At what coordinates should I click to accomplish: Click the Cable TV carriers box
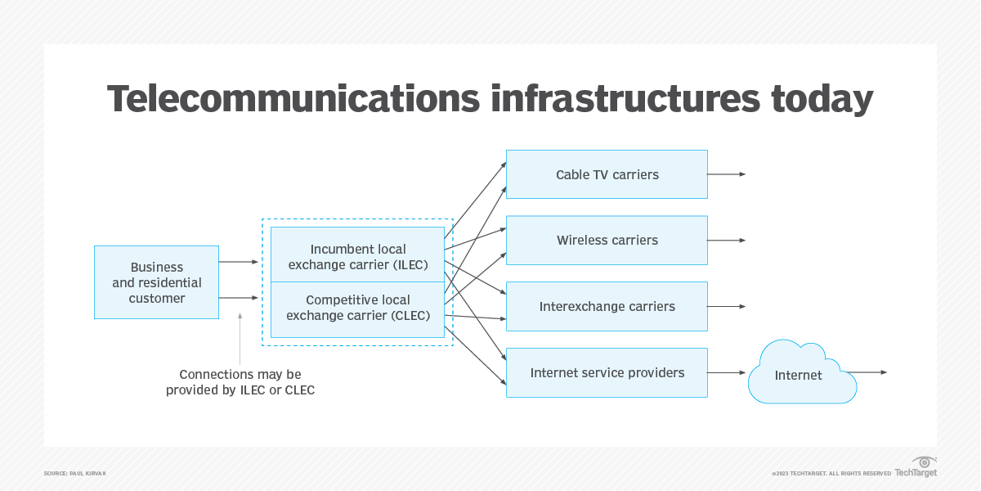click(607, 174)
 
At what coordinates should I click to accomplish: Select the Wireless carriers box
click(607, 241)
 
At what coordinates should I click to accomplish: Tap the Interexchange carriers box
click(607, 307)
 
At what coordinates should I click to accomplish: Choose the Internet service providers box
click(607, 373)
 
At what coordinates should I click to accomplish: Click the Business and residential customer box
click(157, 282)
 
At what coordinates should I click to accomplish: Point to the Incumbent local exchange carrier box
click(358, 256)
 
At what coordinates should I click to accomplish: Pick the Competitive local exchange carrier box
click(358, 308)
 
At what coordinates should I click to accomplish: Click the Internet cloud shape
click(799, 375)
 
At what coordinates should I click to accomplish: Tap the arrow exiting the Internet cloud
click(871, 372)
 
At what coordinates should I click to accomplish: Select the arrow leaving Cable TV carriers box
click(727, 174)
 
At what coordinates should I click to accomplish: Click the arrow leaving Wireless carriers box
click(727, 241)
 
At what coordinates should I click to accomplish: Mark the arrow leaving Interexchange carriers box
click(727, 307)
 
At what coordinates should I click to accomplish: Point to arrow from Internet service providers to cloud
click(727, 373)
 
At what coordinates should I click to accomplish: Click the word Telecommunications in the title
click(293, 99)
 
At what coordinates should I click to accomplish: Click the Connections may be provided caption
click(240, 382)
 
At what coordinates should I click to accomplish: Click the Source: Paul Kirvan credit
click(75, 474)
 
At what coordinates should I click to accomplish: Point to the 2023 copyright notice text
click(831, 474)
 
